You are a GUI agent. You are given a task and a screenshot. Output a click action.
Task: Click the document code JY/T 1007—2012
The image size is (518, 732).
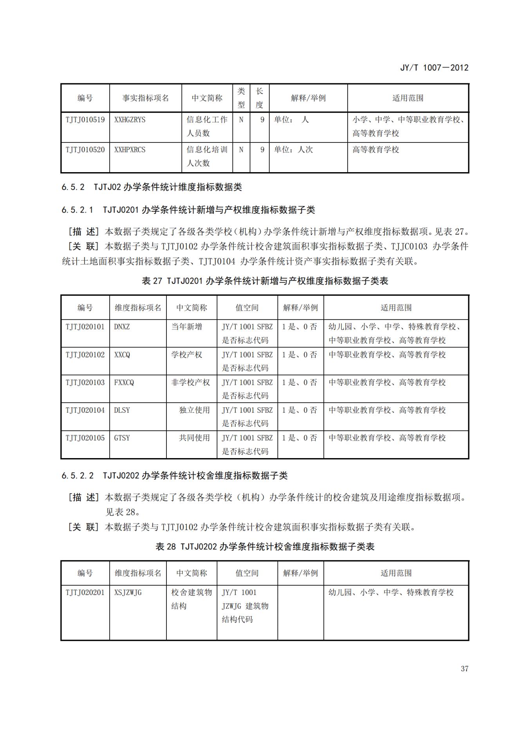pos(434,68)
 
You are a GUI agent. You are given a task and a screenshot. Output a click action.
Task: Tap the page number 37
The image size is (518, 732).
pos(464,669)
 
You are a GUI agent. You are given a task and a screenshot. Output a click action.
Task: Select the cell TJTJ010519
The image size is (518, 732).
pos(85,120)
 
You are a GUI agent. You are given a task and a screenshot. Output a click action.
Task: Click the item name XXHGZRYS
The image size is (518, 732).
pos(130,120)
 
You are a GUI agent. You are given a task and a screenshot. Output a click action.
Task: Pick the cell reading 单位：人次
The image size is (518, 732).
pos(293,150)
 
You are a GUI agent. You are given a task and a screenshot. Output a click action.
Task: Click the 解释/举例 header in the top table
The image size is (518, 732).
pos(308,98)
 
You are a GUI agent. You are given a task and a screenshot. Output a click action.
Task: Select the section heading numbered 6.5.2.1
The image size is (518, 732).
pos(188,210)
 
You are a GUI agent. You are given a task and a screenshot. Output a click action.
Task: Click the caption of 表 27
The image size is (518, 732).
pos(265,281)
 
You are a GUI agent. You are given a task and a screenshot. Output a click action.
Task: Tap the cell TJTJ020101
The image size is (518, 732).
pos(85,327)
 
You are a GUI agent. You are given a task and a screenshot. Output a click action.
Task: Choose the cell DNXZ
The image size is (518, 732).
pos(122,327)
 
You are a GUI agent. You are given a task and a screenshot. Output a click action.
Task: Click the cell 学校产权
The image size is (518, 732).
pos(187,355)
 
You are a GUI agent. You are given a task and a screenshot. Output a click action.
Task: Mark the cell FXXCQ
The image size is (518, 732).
pos(124,383)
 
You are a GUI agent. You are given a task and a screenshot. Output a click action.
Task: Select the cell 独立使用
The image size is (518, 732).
pos(194,410)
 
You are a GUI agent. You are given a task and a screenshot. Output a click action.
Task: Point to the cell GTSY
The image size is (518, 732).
pos(122,438)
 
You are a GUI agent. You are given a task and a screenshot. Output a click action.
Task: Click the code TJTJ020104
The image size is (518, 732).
pos(85,410)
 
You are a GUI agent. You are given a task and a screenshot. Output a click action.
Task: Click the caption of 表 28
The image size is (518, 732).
pos(265,547)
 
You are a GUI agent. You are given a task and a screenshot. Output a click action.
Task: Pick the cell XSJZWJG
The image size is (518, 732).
pos(128,593)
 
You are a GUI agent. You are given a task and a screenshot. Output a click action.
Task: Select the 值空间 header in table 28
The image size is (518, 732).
pos(247,573)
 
